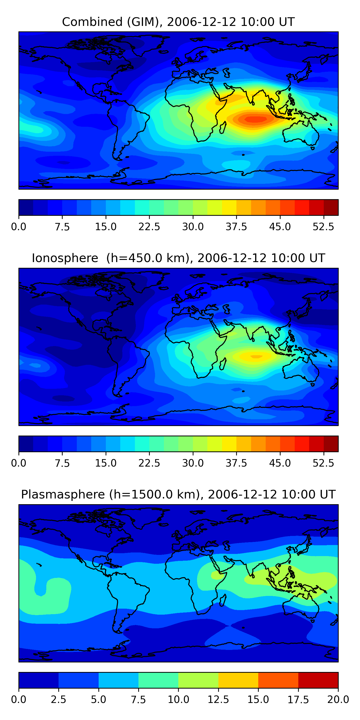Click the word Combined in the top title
(x=92, y=22)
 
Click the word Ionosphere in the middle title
(x=65, y=258)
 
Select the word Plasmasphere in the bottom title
(x=63, y=495)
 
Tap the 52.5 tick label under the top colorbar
(x=323, y=227)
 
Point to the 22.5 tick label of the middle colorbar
(x=149, y=463)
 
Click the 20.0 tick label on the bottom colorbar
(x=338, y=700)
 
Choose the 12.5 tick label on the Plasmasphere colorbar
(x=218, y=700)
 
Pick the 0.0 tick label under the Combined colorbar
(x=19, y=227)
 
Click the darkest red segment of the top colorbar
(x=331, y=207)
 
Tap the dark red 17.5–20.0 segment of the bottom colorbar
(x=318, y=680)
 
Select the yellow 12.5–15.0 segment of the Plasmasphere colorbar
(x=238, y=680)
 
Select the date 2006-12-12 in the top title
(x=202, y=22)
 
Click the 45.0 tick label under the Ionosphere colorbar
(x=280, y=463)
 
